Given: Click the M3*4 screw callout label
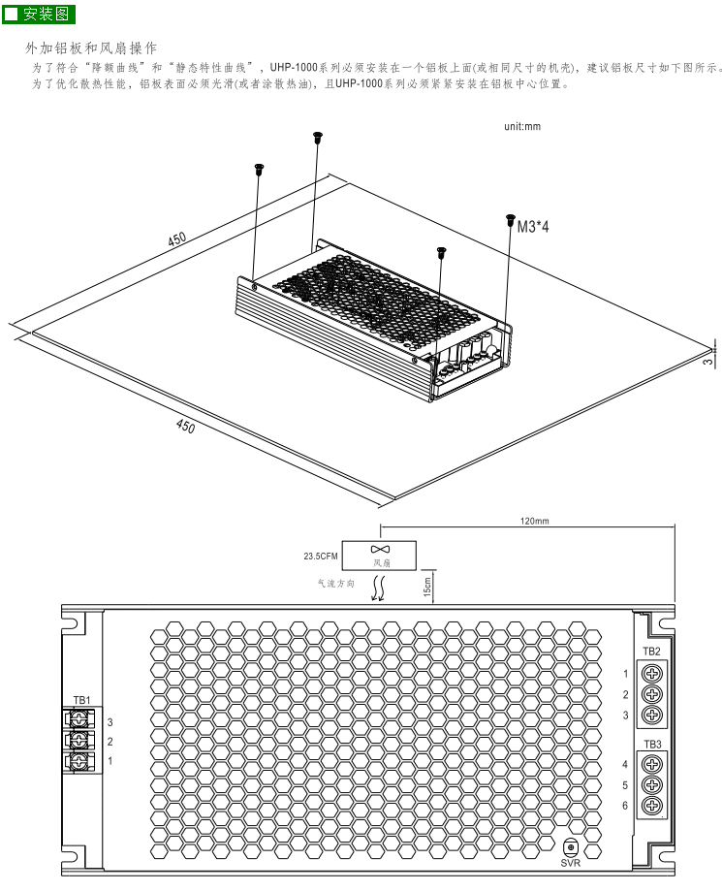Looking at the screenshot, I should point(534,228).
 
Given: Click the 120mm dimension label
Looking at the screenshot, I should point(534,521).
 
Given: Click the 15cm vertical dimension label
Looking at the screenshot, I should point(426,586).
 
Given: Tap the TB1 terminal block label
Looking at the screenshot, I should point(81,700).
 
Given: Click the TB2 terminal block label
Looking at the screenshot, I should point(651,651).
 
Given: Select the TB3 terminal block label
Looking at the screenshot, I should point(651,744).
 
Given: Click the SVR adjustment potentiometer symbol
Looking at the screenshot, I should point(570,846).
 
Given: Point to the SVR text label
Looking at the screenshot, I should point(570,862).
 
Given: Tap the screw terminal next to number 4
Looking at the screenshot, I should point(652,764).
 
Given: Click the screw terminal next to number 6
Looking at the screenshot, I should point(652,806).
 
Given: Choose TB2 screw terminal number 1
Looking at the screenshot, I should point(652,673).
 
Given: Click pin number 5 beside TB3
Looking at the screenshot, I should point(626,785).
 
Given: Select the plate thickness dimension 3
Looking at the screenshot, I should point(707,361).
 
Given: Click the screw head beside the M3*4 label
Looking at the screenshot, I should point(511,221).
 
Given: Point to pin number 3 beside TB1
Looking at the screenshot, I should point(110,722).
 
